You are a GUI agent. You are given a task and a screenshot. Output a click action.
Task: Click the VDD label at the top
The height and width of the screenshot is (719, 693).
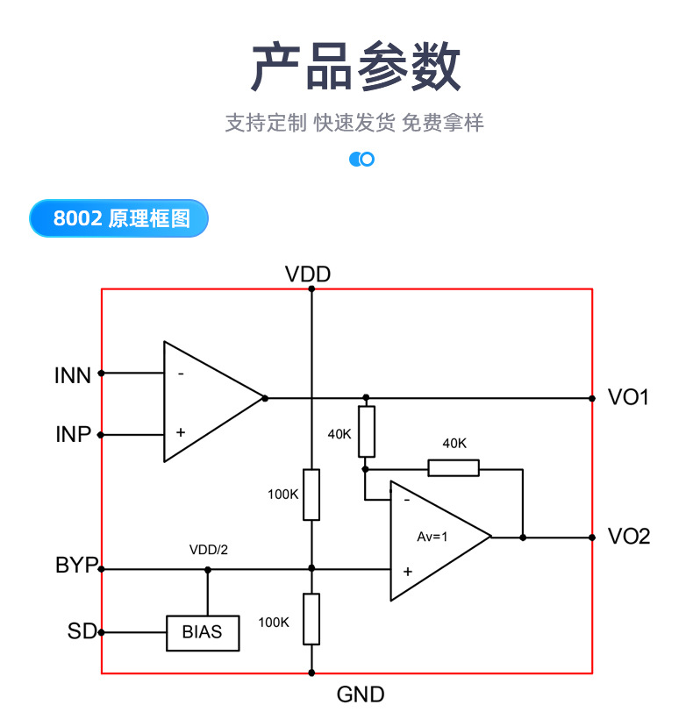(x=308, y=274)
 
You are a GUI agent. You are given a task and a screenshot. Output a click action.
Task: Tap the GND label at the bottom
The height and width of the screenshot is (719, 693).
(x=361, y=695)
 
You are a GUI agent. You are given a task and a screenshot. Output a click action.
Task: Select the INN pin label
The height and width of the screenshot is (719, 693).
(x=73, y=375)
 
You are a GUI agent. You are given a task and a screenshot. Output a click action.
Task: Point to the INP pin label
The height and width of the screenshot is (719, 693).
(x=74, y=434)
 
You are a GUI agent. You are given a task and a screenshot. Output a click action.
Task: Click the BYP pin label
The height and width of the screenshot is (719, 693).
(x=76, y=566)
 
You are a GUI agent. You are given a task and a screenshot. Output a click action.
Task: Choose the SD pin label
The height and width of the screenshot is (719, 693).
(x=81, y=630)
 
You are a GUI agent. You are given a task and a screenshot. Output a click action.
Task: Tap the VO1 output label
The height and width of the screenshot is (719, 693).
(x=629, y=397)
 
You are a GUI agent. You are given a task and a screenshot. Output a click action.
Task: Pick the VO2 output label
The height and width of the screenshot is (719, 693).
(x=629, y=537)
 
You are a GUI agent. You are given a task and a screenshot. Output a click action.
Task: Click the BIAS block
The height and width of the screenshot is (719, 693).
(x=203, y=631)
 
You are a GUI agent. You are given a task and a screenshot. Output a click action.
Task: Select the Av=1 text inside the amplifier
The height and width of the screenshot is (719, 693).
(x=432, y=537)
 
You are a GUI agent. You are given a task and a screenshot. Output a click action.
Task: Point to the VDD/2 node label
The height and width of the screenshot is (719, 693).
(x=208, y=550)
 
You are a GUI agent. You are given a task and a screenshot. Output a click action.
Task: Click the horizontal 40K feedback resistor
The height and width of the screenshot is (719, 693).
(x=454, y=467)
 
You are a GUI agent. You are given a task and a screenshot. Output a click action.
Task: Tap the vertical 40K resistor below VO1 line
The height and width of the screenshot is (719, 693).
(x=367, y=431)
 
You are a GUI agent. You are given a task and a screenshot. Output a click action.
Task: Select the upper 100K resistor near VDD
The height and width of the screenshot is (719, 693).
(x=311, y=495)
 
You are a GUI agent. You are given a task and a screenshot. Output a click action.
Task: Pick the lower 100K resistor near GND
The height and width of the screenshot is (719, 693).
(x=311, y=619)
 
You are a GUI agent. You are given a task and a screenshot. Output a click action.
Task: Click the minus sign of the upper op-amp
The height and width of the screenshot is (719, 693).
(x=181, y=374)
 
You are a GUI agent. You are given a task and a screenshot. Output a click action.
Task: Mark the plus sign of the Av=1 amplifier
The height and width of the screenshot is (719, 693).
(x=407, y=571)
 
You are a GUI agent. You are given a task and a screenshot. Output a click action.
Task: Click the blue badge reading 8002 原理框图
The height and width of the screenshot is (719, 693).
(x=119, y=218)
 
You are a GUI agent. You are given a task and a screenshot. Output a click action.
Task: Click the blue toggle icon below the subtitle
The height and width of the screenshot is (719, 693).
(x=361, y=159)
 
